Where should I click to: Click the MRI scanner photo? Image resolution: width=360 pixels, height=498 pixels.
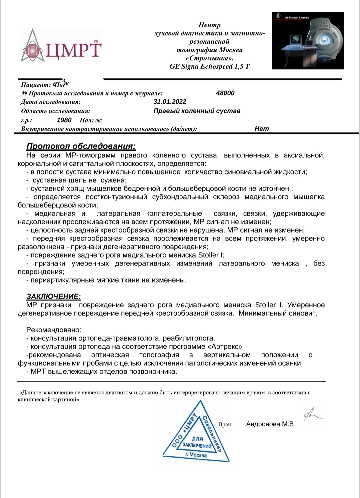click(308, 41)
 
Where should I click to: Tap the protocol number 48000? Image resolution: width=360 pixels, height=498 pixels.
click(225, 93)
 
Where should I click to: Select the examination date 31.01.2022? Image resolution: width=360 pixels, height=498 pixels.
click(170, 102)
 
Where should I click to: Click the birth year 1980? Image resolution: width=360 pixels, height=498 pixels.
click(64, 120)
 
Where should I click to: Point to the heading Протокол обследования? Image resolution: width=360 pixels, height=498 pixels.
click(81, 146)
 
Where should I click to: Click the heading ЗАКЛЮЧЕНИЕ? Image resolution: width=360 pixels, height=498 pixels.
click(53, 297)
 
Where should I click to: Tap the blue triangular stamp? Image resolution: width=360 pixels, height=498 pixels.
click(196, 434)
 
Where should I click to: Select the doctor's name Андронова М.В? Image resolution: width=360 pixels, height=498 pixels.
click(270, 424)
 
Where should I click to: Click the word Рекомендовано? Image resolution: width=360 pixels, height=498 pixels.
click(54, 330)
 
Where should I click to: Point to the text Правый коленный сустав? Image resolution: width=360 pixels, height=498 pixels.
click(197, 111)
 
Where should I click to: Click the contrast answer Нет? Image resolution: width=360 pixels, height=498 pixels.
click(262, 129)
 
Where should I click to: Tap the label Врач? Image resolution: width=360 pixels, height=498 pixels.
click(225, 425)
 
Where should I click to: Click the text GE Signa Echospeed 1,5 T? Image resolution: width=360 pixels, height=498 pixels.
click(209, 66)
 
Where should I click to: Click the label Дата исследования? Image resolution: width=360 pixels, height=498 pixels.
click(51, 102)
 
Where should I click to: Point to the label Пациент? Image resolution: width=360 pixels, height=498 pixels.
click(36, 85)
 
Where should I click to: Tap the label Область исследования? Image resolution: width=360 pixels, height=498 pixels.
click(55, 111)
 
